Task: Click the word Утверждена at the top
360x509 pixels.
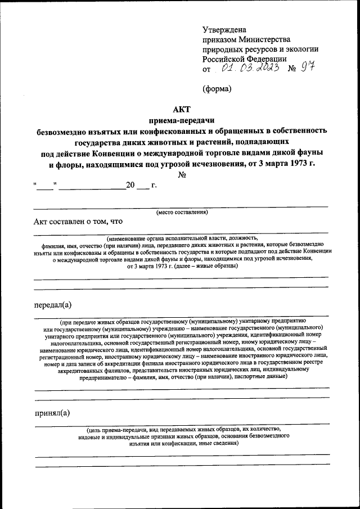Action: coord(224,29)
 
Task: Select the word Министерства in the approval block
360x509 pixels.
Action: coord(264,39)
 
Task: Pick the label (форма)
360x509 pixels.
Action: coord(217,88)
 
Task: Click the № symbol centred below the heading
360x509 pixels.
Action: coord(182,175)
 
